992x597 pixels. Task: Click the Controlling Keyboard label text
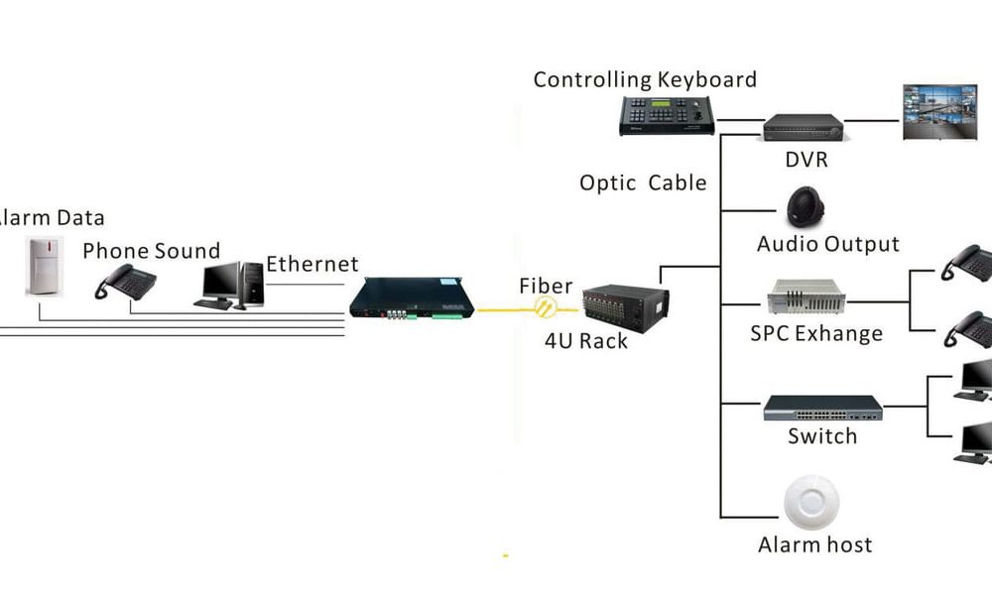coord(645,80)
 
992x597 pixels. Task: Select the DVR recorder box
coord(803,126)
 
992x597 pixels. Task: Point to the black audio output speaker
coord(805,206)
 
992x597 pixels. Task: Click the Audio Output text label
coord(827,244)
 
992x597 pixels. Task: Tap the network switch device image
coord(822,408)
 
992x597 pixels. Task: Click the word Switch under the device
coord(822,436)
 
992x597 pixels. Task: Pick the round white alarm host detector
coord(812,503)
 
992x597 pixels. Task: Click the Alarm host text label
coord(814,544)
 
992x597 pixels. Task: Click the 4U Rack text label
coord(586,342)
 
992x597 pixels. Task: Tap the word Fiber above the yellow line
coord(546,287)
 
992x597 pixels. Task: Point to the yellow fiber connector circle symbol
coord(545,308)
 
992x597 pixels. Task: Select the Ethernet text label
coord(311,265)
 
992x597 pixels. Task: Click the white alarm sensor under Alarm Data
coord(43,266)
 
